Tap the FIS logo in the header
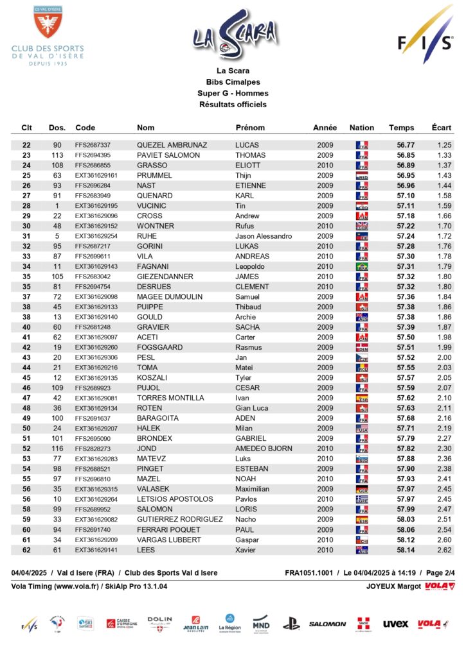point(424,35)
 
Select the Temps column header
point(401,128)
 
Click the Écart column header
point(442,128)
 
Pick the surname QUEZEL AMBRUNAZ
point(168,145)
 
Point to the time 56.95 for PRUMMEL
point(406,175)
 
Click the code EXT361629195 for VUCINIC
point(96,205)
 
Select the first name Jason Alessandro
point(264,236)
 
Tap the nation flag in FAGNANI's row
point(362,266)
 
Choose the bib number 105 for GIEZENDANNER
point(57,277)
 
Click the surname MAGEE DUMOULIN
point(170,297)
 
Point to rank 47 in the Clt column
point(26,398)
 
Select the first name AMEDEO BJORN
point(264,448)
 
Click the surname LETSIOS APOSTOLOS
point(175,499)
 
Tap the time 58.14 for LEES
point(406,550)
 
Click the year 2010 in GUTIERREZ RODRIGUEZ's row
point(325,519)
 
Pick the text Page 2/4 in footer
point(441,572)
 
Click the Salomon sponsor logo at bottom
point(327,624)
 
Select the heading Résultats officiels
point(233,104)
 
